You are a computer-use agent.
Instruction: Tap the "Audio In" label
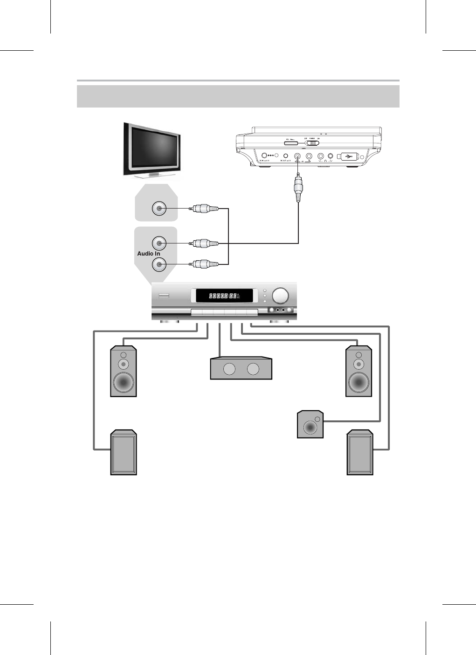click(x=149, y=254)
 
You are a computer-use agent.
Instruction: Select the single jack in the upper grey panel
click(x=159, y=209)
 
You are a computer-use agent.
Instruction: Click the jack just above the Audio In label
click(x=159, y=243)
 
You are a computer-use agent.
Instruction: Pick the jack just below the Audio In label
click(x=159, y=265)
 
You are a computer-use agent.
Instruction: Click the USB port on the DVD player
click(x=348, y=157)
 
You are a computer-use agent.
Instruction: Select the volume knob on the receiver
click(x=280, y=295)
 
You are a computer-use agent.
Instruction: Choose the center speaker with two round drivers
click(x=241, y=368)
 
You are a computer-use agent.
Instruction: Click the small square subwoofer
click(x=310, y=424)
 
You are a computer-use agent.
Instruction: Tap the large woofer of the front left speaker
click(x=124, y=383)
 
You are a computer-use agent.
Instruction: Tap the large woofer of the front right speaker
click(x=359, y=383)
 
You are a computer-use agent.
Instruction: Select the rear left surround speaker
click(x=124, y=452)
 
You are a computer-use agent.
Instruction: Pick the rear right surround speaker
click(x=360, y=452)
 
